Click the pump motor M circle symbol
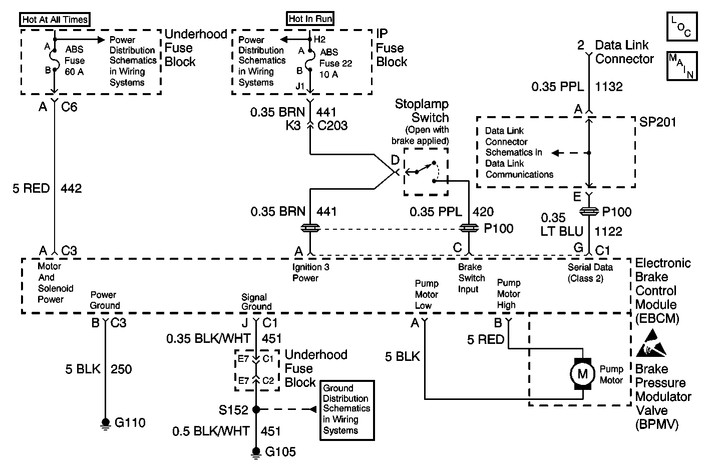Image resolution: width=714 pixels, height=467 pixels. click(x=582, y=373)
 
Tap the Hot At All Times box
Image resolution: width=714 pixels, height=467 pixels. click(x=55, y=20)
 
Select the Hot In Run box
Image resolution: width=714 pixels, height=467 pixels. click(x=310, y=19)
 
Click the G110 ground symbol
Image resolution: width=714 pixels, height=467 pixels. click(x=105, y=423)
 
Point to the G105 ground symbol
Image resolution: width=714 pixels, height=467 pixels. click(x=256, y=452)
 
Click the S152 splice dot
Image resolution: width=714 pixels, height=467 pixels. click(x=256, y=409)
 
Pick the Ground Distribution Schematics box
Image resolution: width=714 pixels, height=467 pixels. click(x=347, y=409)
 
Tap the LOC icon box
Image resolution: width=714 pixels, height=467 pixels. click(x=682, y=27)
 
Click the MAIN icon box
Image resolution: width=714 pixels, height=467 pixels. click(x=682, y=66)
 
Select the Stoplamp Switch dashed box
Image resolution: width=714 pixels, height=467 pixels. click(x=426, y=172)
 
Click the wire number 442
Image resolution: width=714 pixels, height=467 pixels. click(x=71, y=189)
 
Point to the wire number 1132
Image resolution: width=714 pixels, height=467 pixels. click(x=609, y=87)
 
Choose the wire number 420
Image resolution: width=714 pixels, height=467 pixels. click(x=483, y=212)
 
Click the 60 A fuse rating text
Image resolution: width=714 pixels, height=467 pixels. click(x=74, y=72)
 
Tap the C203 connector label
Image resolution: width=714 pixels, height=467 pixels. click(x=333, y=125)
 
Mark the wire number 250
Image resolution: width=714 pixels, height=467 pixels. click(x=121, y=369)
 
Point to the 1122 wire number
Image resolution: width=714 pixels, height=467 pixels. click(x=609, y=231)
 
